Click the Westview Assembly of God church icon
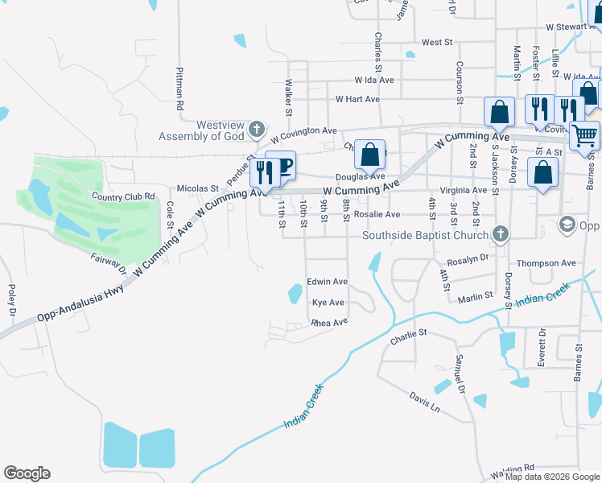coord(257,130)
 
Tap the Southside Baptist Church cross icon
coord(501,235)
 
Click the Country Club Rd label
coord(123,196)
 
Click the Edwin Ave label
coord(327,282)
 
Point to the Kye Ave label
coord(328,303)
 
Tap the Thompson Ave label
coord(546,263)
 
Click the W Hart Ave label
coord(357,99)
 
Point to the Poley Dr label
coord(12,299)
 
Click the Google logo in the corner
coord(27,473)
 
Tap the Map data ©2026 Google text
coord(552,477)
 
